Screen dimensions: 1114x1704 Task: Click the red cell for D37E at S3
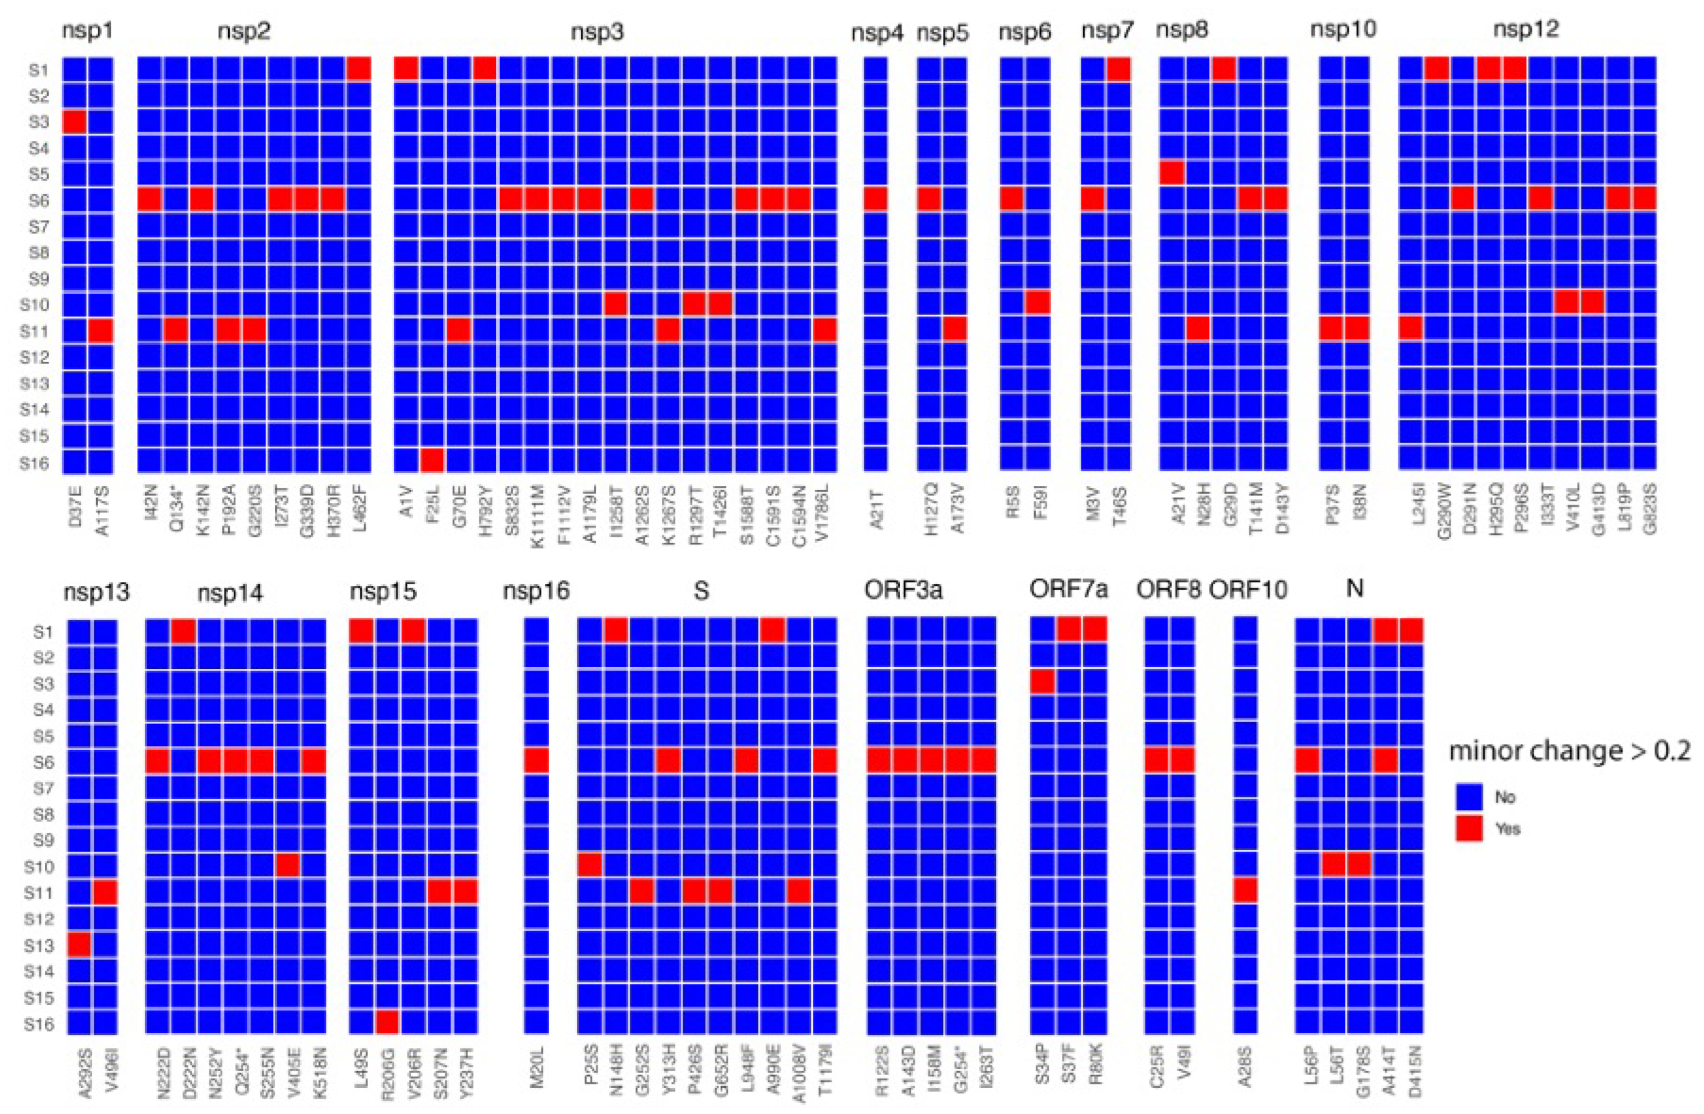[x=74, y=121]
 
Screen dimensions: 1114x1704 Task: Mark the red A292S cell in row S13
[x=80, y=944]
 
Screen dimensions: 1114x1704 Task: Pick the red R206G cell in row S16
[x=387, y=1022]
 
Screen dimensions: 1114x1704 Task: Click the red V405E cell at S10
[x=288, y=866]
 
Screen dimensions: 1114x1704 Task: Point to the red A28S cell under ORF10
[x=1246, y=891]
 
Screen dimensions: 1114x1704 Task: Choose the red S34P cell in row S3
[x=1042, y=682]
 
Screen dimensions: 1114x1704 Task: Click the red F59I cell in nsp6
[x=1038, y=303]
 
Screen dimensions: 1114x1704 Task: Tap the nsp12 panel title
[x=1525, y=29]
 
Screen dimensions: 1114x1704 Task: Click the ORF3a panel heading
[x=903, y=590]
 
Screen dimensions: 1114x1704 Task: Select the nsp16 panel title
[x=536, y=591]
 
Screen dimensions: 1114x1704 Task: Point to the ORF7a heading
[x=1069, y=590]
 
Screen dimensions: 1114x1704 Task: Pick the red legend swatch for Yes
[x=1469, y=829]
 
